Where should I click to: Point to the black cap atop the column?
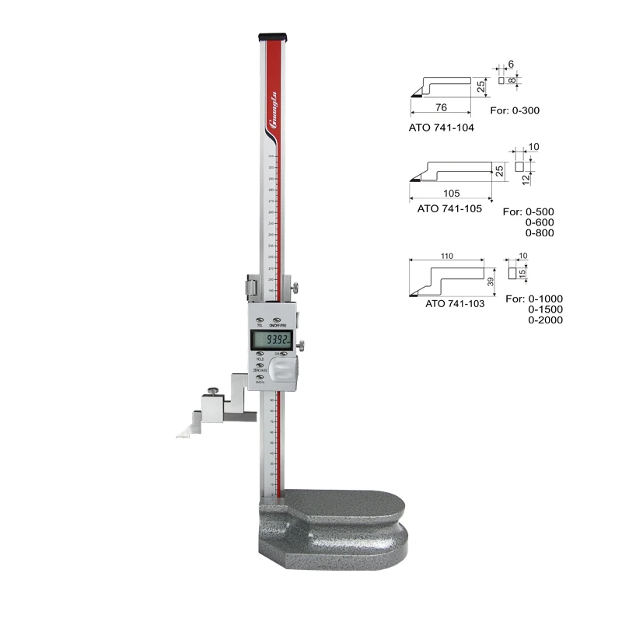tap(271, 36)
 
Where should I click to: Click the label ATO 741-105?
tap(449, 208)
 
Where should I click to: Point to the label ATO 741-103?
tap(455, 304)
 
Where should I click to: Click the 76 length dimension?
tap(441, 107)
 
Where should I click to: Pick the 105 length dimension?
tap(450, 193)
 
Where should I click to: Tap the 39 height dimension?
tap(490, 281)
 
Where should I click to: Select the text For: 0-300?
tap(515, 110)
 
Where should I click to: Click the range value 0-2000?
tap(545, 320)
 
